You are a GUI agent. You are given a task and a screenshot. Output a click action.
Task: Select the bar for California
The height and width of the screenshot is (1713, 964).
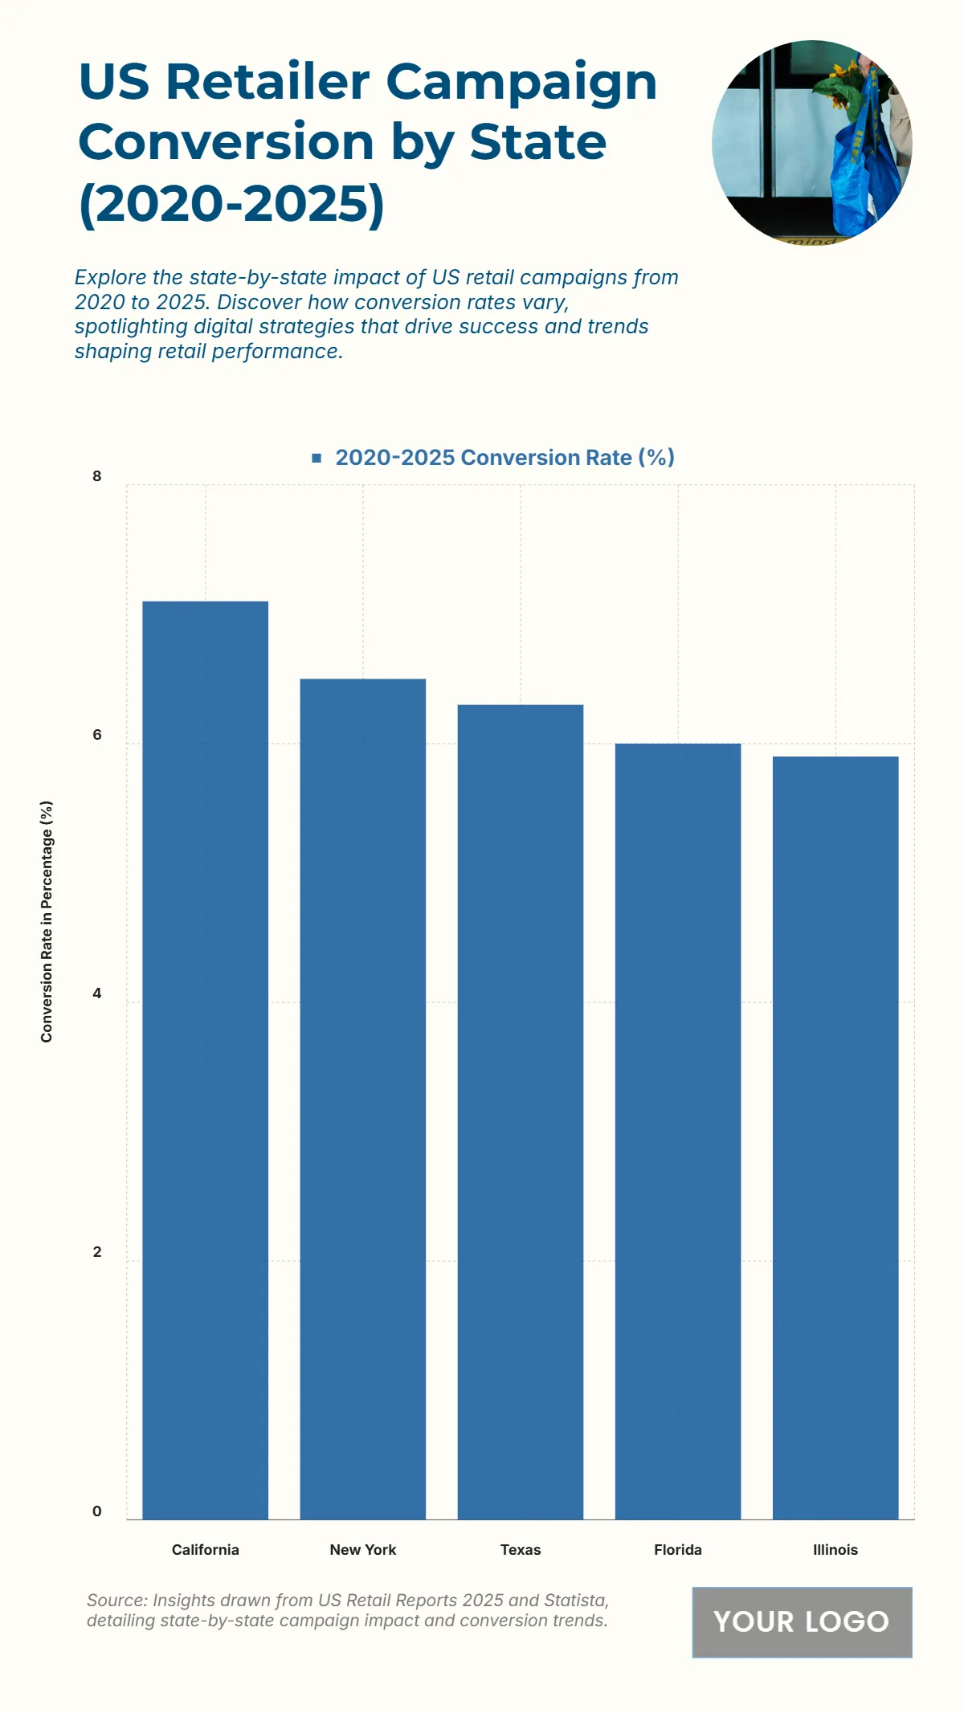click(205, 1060)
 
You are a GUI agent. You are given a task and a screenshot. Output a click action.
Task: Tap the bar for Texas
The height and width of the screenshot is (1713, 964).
click(520, 1111)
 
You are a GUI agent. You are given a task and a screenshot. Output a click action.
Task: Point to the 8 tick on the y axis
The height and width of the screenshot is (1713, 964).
click(97, 476)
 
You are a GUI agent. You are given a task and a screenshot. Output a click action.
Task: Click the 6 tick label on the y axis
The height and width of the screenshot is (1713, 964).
click(97, 735)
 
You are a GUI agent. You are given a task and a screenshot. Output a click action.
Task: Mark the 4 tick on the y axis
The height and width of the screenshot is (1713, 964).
click(97, 993)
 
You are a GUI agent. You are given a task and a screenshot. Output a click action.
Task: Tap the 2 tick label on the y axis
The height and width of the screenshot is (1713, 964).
click(97, 1252)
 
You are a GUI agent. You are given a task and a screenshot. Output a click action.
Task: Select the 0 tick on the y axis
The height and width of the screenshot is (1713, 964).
click(97, 1511)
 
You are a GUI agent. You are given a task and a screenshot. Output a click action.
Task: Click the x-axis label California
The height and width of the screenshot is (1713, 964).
click(205, 1550)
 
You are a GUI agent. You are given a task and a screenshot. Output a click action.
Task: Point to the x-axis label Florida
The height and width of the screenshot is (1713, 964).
click(677, 1550)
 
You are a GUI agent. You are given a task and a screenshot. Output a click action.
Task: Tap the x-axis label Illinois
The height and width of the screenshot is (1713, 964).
click(835, 1550)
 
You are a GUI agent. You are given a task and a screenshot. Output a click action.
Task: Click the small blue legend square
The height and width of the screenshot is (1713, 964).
click(317, 458)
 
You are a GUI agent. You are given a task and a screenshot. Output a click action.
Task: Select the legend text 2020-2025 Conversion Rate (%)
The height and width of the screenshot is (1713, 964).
click(504, 458)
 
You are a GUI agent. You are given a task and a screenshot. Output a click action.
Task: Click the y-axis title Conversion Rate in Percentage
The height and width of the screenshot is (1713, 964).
click(47, 921)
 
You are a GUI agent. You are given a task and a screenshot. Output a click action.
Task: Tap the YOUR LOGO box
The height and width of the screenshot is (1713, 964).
click(802, 1621)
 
